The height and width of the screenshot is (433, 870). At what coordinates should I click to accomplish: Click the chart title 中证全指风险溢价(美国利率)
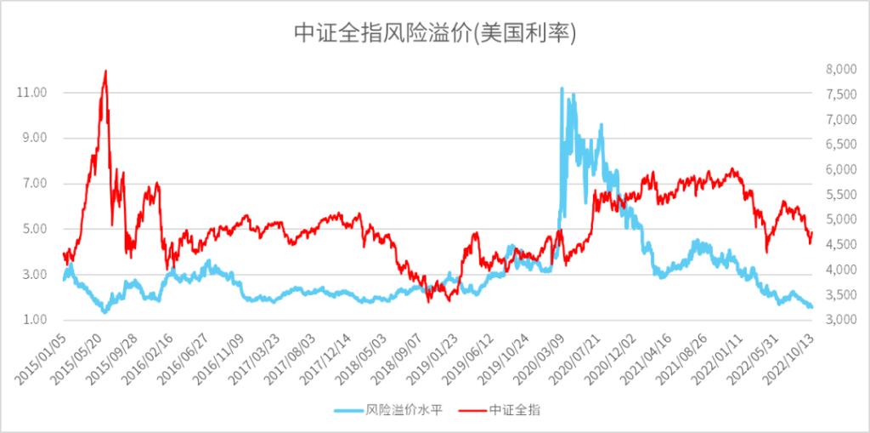click(435, 32)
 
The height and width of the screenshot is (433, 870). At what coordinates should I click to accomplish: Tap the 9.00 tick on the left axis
click(33, 138)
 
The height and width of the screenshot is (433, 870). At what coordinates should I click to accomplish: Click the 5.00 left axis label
click(33, 229)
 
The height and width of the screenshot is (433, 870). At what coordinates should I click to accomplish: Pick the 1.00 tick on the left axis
click(33, 320)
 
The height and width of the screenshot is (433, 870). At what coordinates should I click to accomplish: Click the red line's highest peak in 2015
click(105, 71)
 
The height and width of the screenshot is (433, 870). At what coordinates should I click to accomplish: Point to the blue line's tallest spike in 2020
click(561, 88)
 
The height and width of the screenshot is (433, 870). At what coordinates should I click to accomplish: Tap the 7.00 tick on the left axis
click(33, 183)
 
